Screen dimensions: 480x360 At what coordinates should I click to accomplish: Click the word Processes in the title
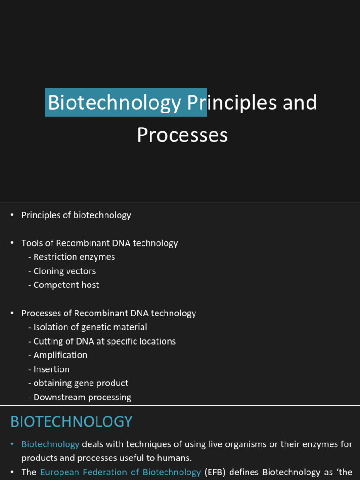tap(182, 135)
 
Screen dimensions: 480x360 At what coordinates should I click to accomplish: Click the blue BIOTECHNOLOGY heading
tap(71, 421)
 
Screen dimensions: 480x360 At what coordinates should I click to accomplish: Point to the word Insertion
tap(52, 369)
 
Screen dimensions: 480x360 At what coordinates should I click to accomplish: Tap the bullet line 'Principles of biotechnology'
tap(76, 215)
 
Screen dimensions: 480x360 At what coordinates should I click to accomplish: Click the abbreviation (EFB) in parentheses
tap(216, 472)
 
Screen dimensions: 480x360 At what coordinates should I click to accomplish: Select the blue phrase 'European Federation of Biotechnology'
tap(120, 472)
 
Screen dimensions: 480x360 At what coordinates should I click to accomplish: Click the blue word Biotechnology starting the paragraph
tap(51, 444)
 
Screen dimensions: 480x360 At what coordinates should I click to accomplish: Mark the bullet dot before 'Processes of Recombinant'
tap(13, 313)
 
